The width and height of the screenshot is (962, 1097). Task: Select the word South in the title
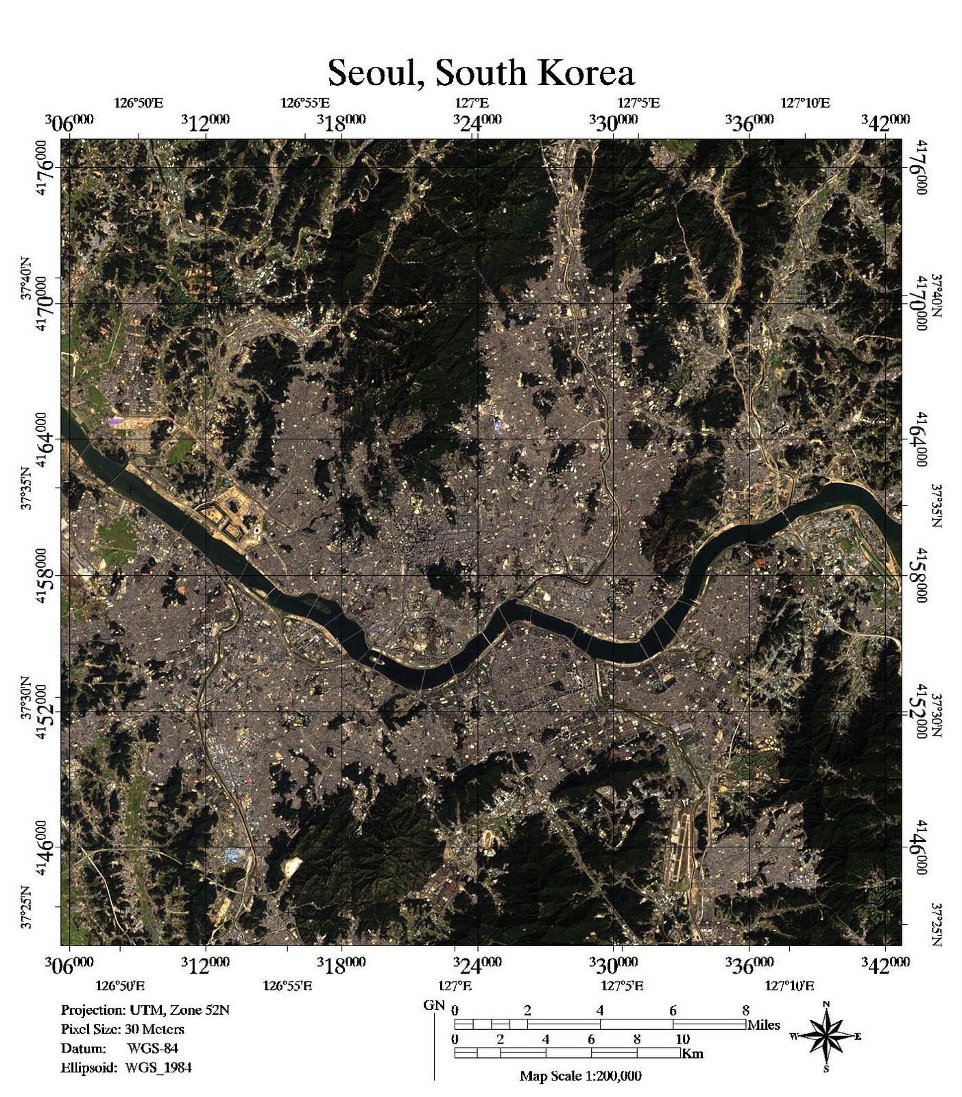(x=477, y=73)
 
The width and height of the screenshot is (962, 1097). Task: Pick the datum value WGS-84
(x=152, y=1048)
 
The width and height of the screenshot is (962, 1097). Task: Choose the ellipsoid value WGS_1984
(x=158, y=1068)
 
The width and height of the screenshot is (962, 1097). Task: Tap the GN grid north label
(x=433, y=1006)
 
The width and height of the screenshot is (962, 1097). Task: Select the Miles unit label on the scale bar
(x=763, y=1025)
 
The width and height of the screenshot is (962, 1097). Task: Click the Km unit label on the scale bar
(x=693, y=1053)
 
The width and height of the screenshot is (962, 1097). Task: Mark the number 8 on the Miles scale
(x=745, y=1010)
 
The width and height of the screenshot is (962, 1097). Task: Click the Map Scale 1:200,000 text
(x=580, y=1076)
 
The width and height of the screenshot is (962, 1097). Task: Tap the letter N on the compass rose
(x=826, y=1004)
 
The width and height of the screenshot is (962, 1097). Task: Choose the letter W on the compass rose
(x=794, y=1036)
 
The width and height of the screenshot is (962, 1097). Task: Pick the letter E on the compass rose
(x=857, y=1036)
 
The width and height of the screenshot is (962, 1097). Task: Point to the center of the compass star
(x=826, y=1036)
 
